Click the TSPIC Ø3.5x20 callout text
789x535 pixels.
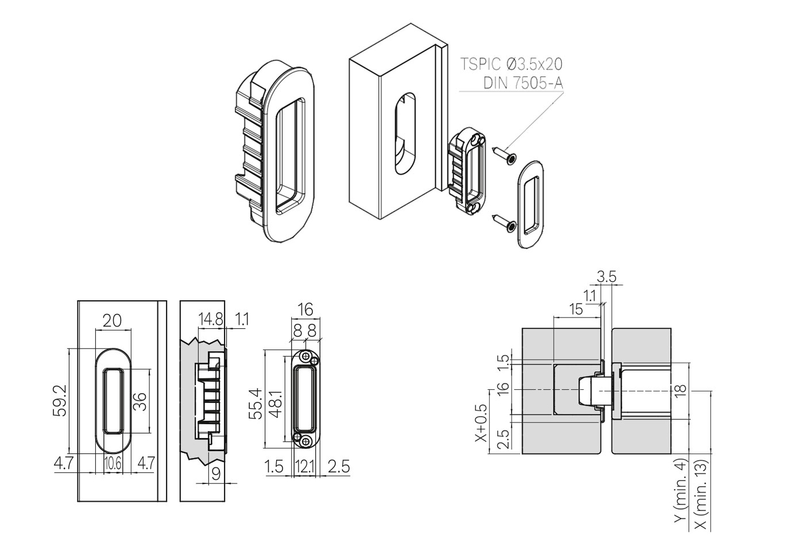pos(511,64)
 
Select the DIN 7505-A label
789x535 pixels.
pos(523,83)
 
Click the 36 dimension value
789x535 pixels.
pos(140,400)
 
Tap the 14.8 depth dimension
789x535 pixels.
pos(210,319)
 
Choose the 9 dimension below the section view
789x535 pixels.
pos(216,473)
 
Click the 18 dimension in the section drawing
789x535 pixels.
pos(681,390)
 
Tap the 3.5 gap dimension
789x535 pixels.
pos(606,277)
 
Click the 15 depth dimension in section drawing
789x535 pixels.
pos(575,309)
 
